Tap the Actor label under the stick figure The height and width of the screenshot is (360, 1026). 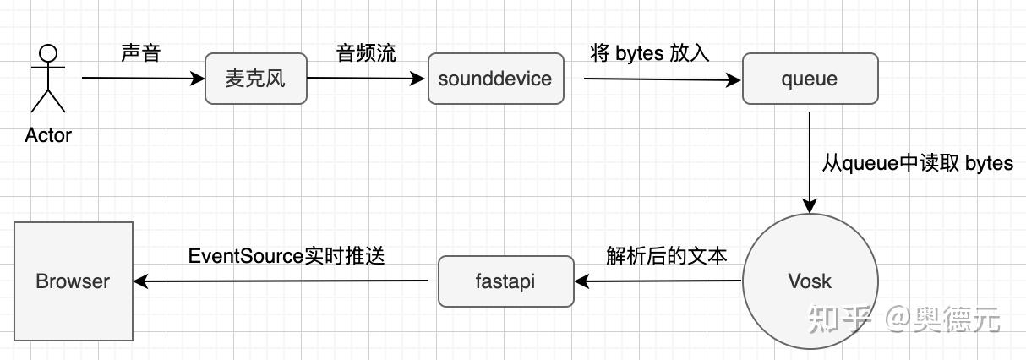click(48, 135)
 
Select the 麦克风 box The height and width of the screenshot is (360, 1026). click(256, 79)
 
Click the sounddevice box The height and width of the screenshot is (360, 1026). click(495, 79)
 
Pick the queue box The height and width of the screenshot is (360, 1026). click(810, 79)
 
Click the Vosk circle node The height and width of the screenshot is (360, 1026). click(810, 281)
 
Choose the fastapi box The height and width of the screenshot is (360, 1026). click(505, 281)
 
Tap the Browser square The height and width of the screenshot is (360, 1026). click(74, 281)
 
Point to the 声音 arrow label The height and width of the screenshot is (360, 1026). click(140, 52)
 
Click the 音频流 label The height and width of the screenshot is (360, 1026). click(366, 52)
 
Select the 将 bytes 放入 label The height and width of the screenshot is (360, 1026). click(649, 52)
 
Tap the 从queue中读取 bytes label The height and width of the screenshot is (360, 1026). click(917, 163)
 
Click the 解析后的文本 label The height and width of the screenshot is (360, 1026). click(666, 255)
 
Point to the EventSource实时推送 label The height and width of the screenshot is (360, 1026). click(287, 255)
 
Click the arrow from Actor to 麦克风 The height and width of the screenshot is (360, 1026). click(144, 79)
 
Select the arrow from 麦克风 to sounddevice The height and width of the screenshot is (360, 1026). click(366, 79)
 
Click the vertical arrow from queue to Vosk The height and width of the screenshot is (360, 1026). click(810, 161)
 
